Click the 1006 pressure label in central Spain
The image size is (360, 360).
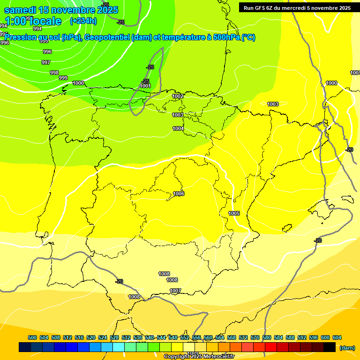179,194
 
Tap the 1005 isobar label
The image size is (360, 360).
234,213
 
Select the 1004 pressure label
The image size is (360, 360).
178,128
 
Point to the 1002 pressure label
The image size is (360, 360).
178,96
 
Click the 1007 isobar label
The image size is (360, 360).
175,291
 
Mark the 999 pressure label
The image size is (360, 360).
63,78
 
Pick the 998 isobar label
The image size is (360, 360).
54,73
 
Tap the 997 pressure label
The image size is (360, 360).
46,62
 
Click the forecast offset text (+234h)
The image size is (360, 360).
83,21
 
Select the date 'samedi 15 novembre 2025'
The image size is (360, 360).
61,10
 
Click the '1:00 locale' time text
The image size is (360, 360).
33,21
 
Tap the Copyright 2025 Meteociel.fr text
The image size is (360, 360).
199,356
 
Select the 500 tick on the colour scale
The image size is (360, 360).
32,337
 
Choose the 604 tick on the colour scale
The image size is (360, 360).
337,337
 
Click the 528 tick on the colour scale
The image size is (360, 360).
114,337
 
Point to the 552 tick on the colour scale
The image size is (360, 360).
185,337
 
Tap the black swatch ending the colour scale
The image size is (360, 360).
330,347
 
